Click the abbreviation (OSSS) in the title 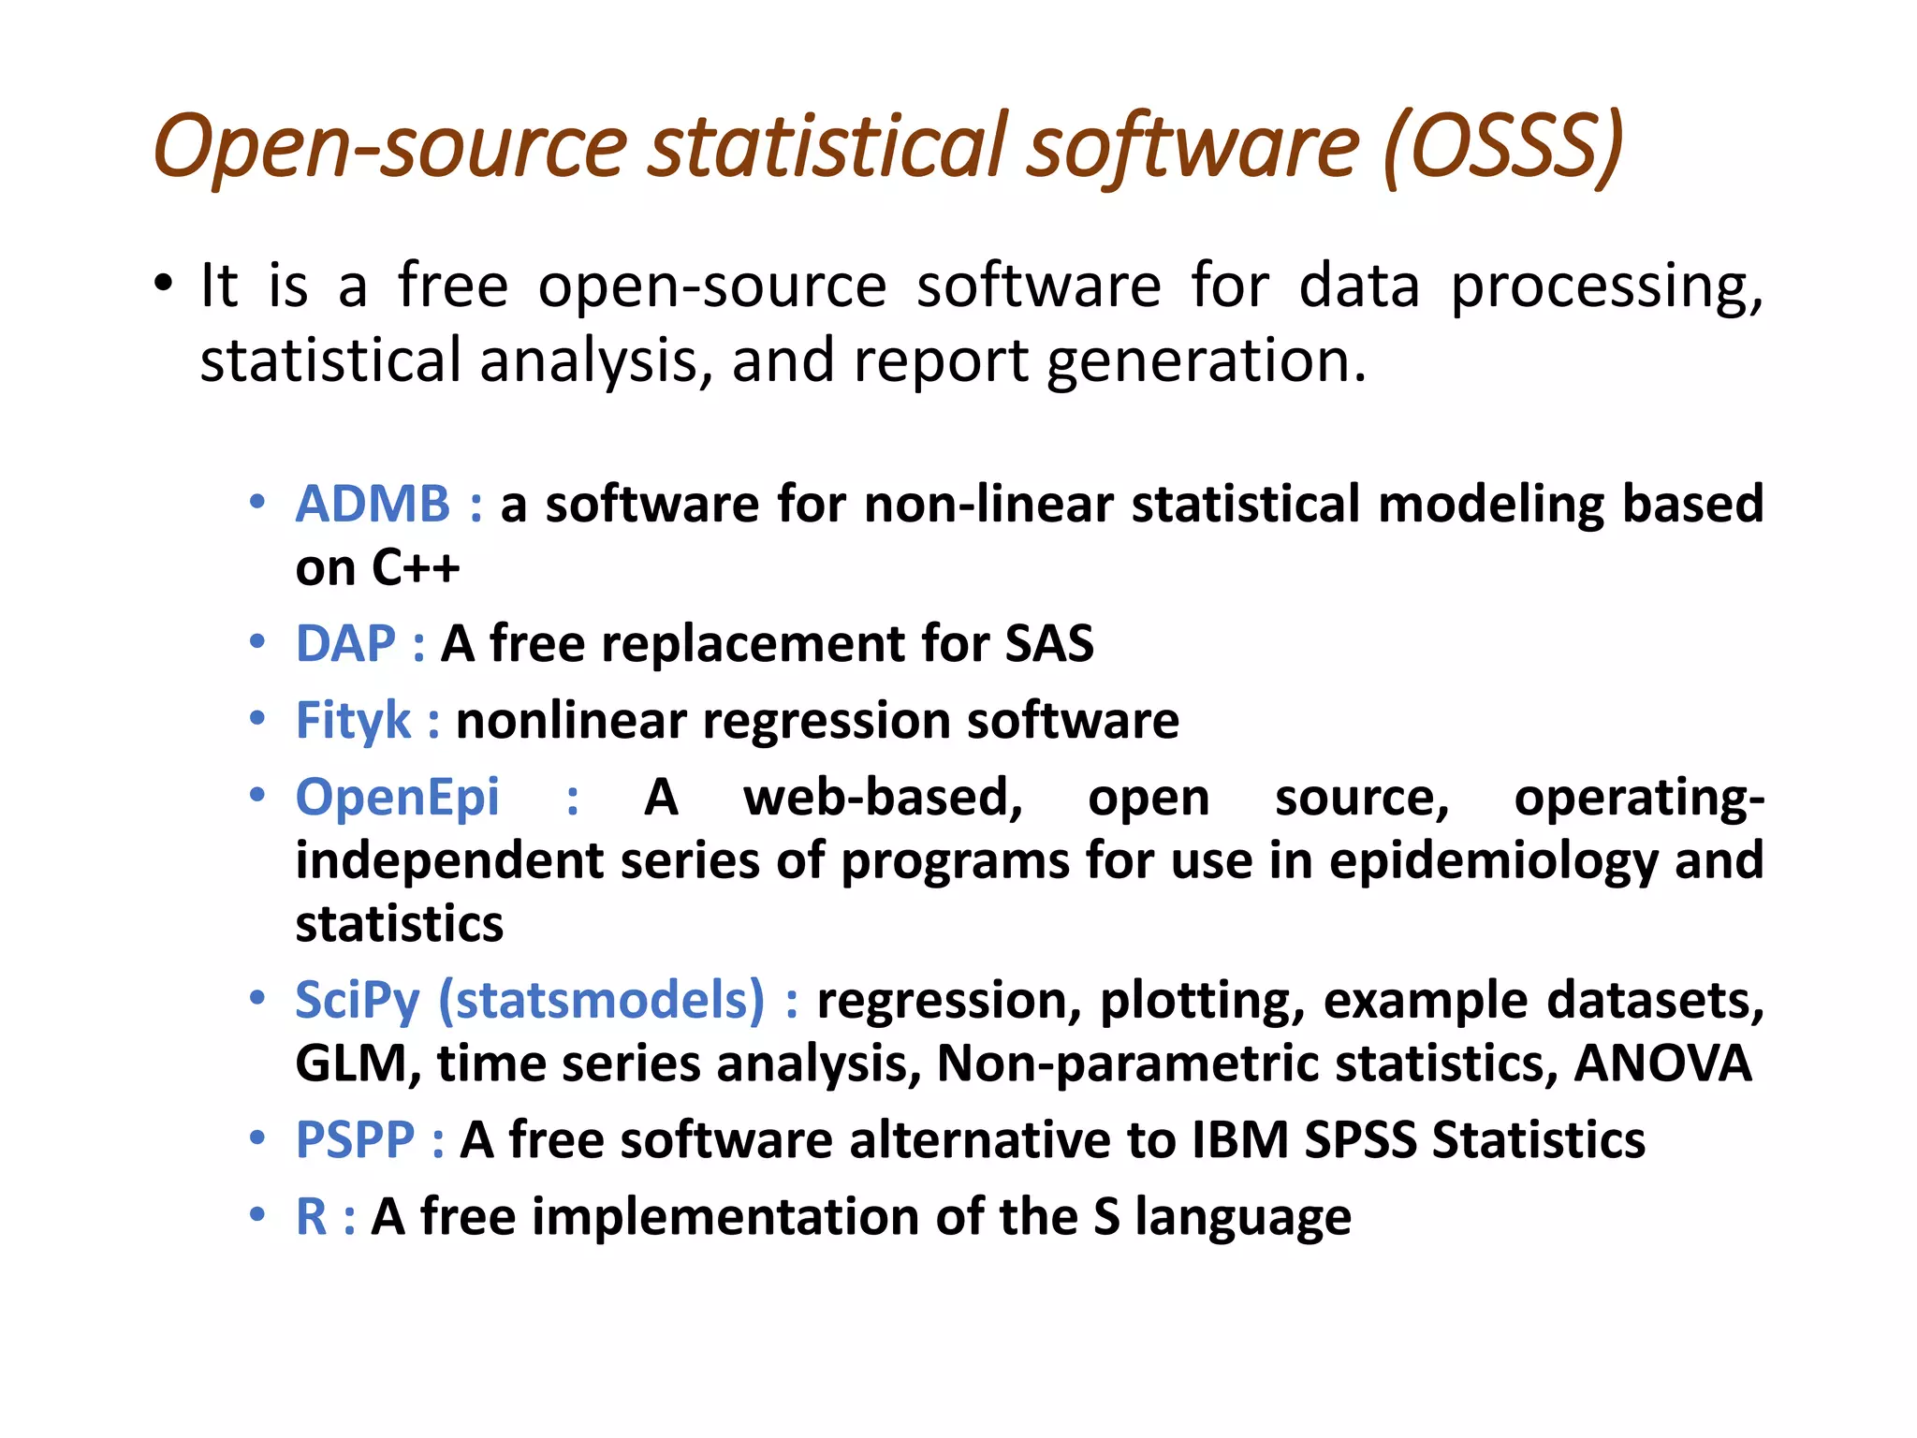pyautogui.click(x=1501, y=148)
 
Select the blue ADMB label pyautogui.click(x=373, y=504)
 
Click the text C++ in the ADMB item pyautogui.click(x=415, y=567)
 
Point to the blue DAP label pyautogui.click(x=345, y=644)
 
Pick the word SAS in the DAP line pyautogui.click(x=1049, y=644)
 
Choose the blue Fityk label pyautogui.click(x=353, y=721)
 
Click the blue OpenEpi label pyautogui.click(x=397, y=798)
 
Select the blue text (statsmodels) pyautogui.click(x=602, y=1000)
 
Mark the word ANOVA pyautogui.click(x=1662, y=1064)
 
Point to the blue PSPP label pyautogui.click(x=355, y=1140)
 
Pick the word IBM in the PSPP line pyautogui.click(x=1240, y=1140)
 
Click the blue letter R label pyautogui.click(x=311, y=1217)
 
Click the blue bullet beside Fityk pyautogui.click(x=257, y=719)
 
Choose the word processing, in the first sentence pyautogui.click(x=1606, y=286)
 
